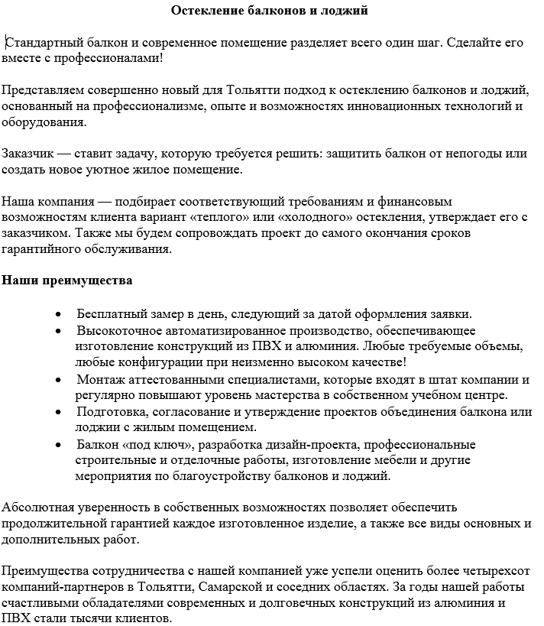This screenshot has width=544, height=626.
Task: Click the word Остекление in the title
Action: pos(204,11)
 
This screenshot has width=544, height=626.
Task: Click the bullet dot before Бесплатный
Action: pos(59,315)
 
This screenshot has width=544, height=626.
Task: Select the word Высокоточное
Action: pos(115,330)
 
